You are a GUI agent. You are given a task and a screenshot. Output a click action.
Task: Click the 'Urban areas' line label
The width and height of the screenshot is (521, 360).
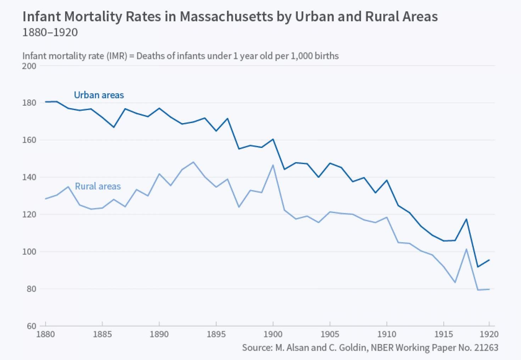pyautogui.click(x=99, y=95)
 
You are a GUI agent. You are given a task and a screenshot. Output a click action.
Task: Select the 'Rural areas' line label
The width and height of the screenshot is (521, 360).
pyautogui.click(x=98, y=186)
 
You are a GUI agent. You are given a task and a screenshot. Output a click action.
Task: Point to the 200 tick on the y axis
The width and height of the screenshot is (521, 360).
pyautogui.click(x=29, y=66)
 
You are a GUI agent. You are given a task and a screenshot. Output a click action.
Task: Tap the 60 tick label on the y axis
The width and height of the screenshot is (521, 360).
pyautogui.click(x=31, y=326)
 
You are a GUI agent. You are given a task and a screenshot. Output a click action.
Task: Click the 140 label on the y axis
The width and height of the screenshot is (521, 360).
pyautogui.click(x=29, y=177)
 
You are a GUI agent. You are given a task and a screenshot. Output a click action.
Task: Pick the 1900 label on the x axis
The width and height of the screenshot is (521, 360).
pyautogui.click(x=273, y=334)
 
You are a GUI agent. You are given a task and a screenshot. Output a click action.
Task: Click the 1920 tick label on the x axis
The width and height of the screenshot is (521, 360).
pyautogui.click(x=489, y=334)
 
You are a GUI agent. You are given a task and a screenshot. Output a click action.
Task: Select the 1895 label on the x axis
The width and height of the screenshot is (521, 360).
pyautogui.click(x=216, y=334)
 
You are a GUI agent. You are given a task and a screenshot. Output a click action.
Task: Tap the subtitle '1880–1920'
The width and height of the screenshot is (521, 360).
pyautogui.click(x=50, y=33)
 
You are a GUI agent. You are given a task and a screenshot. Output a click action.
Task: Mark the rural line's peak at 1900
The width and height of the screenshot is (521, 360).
pyautogui.click(x=273, y=165)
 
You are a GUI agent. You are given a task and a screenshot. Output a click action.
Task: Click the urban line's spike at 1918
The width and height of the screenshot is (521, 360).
pyautogui.click(x=466, y=219)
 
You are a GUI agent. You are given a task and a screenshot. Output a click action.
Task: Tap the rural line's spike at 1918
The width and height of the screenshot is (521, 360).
pyautogui.click(x=466, y=249)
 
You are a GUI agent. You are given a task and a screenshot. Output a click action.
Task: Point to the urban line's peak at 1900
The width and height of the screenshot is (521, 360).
pyautogui.click(x=273, y=139)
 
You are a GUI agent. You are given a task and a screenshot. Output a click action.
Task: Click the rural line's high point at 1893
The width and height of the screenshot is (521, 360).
pyautogui.click(x=193, y=162)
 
